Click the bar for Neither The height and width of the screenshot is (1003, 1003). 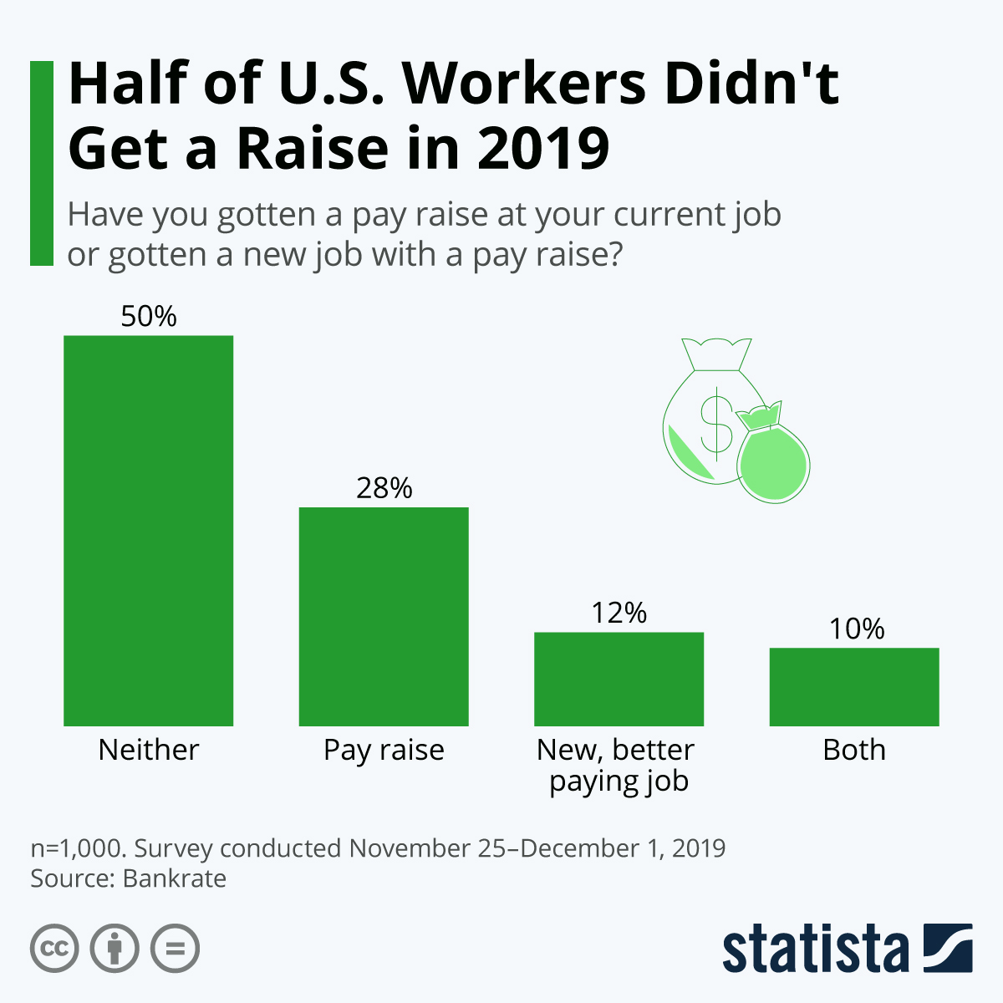148,531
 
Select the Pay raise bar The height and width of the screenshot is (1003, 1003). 384,616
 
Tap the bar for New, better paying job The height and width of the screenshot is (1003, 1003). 619,679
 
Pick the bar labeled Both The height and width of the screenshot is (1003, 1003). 854,686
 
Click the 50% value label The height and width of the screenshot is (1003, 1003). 149,317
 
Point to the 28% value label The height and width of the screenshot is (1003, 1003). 384,488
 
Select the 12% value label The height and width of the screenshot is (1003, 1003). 619,614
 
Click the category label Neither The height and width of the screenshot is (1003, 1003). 149,750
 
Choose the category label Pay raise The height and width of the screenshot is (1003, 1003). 384,750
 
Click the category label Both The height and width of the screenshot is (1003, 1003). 854,750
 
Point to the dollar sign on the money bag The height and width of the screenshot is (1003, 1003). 715,422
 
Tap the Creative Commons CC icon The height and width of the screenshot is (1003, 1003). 54,949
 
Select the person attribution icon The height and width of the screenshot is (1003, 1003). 115,949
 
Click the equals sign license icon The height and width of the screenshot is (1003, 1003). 175,949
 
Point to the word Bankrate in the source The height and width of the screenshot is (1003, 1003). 175,878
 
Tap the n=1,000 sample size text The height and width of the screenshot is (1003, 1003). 78,848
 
